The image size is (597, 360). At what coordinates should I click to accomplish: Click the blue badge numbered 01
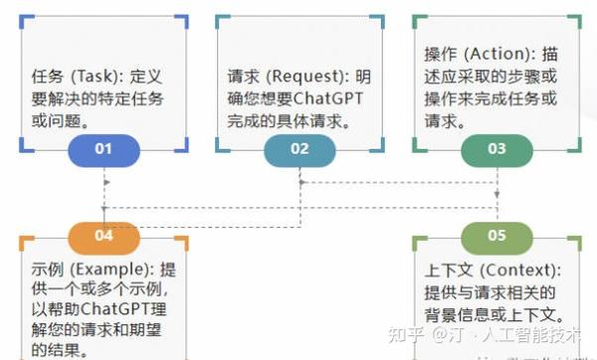(x=103, y=149)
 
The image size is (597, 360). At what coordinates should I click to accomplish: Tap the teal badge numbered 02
(x=299, y=149)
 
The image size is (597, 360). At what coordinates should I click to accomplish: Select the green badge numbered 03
(x=497, y=149)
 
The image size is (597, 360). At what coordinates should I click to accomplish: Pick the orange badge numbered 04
(x=103, y=236)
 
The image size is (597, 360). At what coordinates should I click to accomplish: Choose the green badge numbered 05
(x=497, y=236)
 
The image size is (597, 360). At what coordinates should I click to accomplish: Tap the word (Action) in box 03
(x=497, y=52)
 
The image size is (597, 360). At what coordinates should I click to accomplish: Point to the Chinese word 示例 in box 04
(x=44, y=269)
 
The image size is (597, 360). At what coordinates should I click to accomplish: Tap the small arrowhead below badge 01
(x=103, y=183)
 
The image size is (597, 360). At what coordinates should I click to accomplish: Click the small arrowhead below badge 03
(x=497, y=183)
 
